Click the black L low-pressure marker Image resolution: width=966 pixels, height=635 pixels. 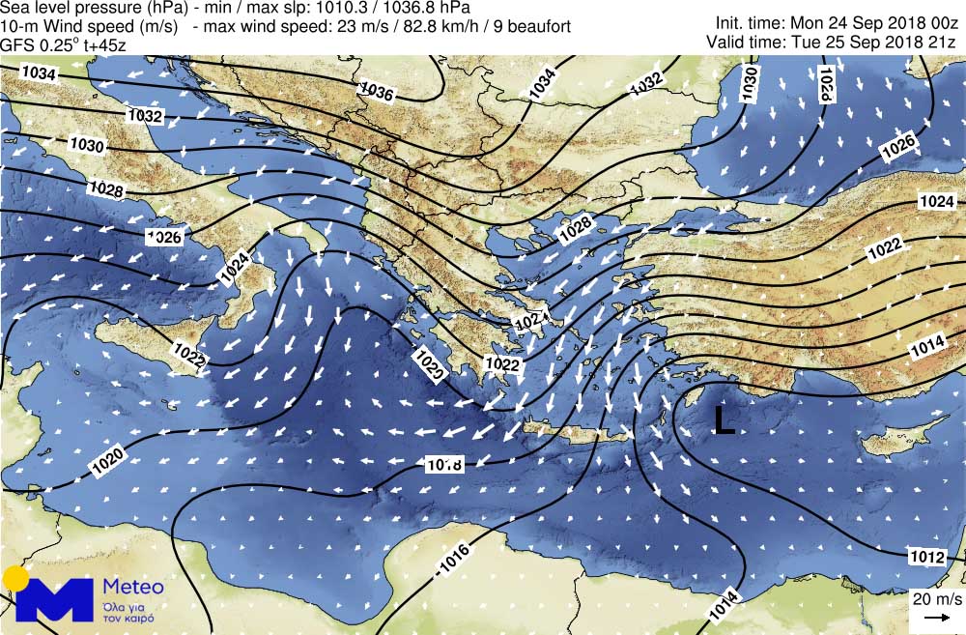point(723,419)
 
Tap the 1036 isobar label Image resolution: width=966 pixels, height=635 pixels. point(376,91)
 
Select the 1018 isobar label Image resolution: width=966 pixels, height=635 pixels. point(444,465)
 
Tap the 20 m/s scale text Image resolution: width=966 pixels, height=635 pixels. point(935,599)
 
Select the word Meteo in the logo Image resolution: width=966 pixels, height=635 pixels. point(132,587)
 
